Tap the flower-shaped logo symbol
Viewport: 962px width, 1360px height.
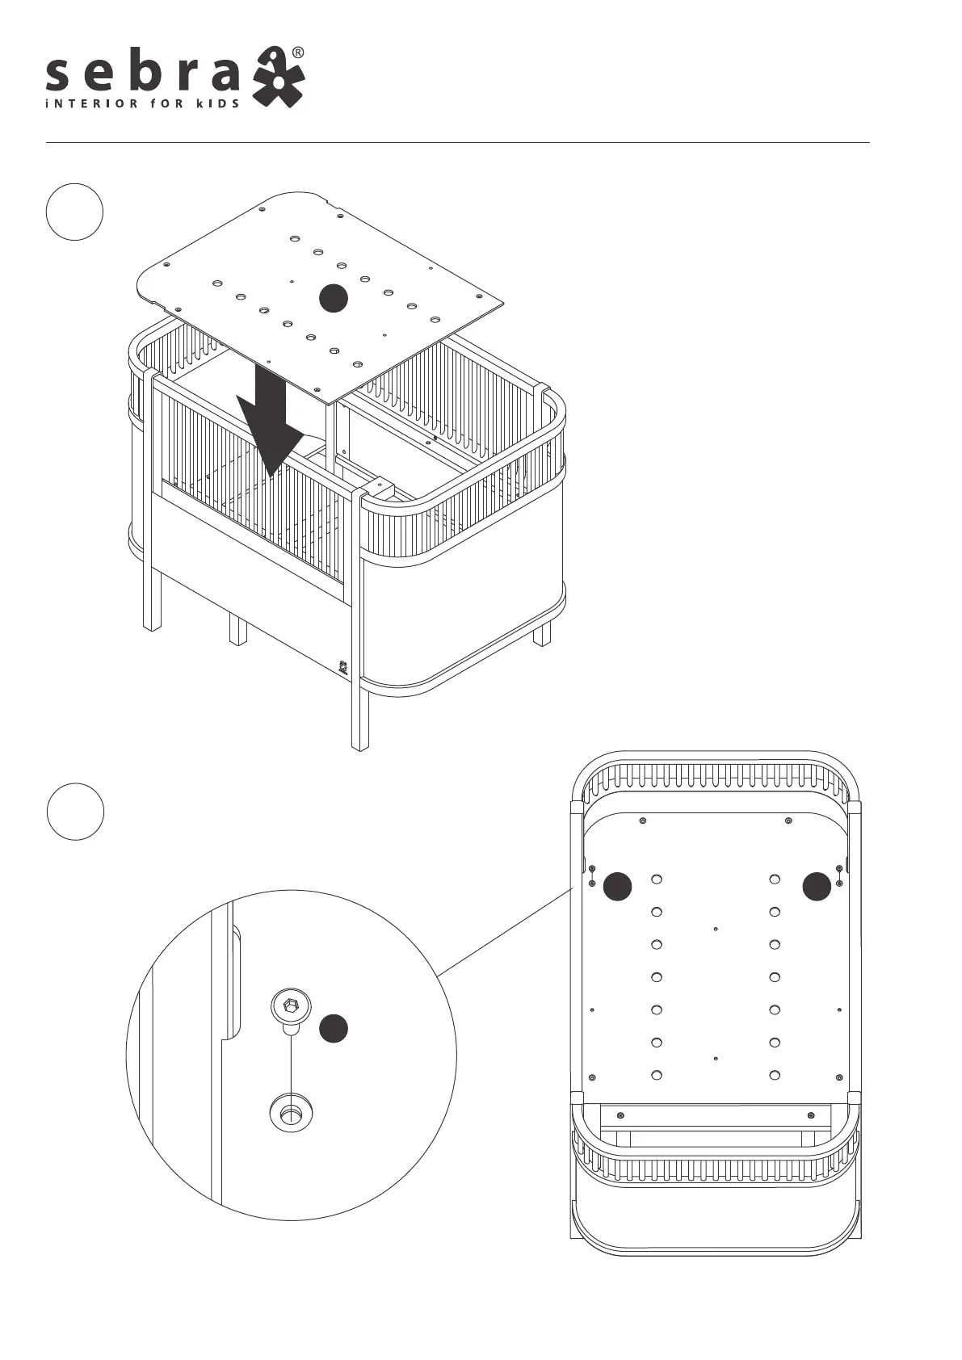tap(278, 79)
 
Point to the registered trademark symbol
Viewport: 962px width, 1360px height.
tap(297, 52)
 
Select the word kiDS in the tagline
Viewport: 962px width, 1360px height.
tap(218, 103)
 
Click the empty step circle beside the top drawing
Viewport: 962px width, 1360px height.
tap(74, 212)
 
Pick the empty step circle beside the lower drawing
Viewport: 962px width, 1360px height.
tap(75, 812)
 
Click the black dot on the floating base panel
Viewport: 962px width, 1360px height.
tap(333, 299)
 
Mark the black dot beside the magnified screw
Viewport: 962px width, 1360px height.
tap(333, 1029)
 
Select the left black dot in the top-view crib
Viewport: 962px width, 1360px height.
tap(619, 886)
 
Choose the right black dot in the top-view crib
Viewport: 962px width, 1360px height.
tap(817, 886)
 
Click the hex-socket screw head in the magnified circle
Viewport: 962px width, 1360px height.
tap(289, 1008)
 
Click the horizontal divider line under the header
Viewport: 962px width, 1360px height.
tap(457, 143)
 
